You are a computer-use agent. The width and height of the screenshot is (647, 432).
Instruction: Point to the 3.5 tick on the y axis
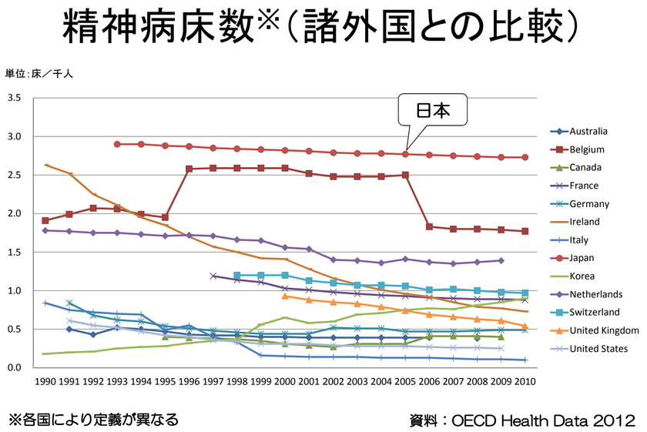pos(15,99)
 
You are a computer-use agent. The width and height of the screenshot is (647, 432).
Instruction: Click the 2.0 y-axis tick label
pos(15,214)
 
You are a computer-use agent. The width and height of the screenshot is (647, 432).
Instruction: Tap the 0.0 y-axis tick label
pos(15,368)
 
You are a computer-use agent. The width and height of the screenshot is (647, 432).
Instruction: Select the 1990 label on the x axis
pos(45,381)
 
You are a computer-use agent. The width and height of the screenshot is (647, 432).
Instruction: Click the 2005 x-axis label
pos(406,381)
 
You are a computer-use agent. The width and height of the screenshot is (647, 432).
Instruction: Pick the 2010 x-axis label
pos(526,381)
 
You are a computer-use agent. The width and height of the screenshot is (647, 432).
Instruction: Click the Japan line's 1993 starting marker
pos(117,144)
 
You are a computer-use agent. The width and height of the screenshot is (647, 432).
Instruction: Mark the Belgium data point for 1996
pos(189,169)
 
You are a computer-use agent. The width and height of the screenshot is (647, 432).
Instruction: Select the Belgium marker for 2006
pos(429,226)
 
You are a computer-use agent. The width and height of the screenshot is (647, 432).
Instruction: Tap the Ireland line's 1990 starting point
pos(45,165)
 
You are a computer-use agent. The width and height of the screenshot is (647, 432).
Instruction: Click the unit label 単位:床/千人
pos(39,74)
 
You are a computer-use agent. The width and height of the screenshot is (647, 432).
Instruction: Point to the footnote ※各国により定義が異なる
pos(93,420)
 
